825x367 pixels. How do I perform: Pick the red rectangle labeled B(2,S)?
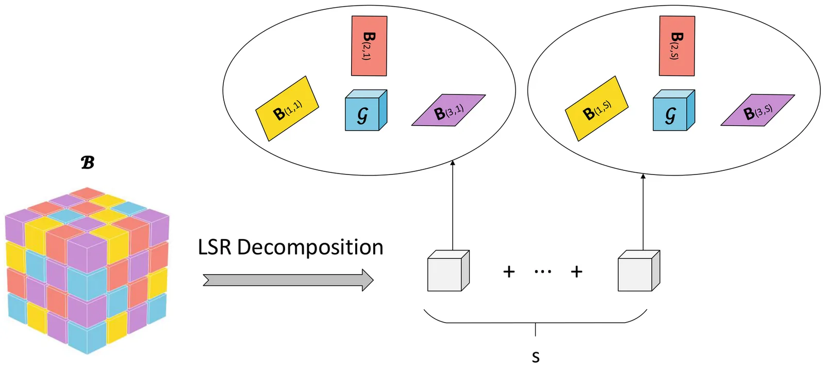tap(676, 46)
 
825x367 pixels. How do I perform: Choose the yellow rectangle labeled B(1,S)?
tap(597, 109)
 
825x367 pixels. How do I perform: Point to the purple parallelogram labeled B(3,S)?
tap(757, 110)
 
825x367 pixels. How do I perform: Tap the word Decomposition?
tap(310, 248)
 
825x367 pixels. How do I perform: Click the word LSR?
tap(214, 247)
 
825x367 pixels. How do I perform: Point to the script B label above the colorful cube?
tap(88, 163)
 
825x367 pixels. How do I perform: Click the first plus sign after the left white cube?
tap(509, 272)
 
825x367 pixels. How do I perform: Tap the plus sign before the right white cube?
tap(576, 272)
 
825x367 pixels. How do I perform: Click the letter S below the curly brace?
tap(536, 357)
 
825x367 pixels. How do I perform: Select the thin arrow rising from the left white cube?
tap(453, 206)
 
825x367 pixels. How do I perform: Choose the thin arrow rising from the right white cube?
tap(643, 212)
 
